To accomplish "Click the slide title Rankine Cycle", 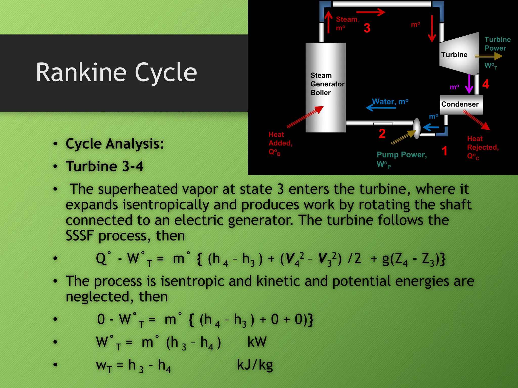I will point(116,72).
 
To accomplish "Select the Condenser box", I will point(461,104).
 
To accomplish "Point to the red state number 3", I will point(367,28).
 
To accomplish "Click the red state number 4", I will point(486,84).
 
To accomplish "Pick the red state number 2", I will point(382,134).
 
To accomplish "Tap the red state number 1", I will point(444,151).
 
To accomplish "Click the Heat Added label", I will point(280,143).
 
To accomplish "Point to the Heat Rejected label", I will point(482,147).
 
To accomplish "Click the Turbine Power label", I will point(497,44).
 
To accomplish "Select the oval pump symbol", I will point(417,128).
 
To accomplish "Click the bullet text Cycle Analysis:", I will point(115,144).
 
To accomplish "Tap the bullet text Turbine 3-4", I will point(104,166).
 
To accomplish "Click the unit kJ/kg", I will point(255,365).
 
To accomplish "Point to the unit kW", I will point(257,342).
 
